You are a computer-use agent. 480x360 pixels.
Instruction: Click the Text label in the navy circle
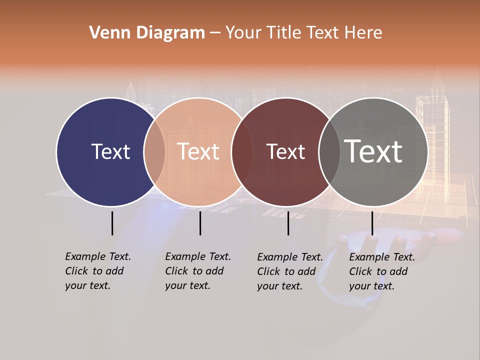110,151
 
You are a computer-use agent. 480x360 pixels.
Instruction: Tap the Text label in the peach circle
198,151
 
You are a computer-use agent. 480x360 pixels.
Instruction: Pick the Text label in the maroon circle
285,152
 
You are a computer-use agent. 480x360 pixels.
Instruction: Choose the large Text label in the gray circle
373,151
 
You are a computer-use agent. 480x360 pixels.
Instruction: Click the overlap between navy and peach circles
154,151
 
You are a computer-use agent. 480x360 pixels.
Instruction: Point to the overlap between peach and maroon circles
242,151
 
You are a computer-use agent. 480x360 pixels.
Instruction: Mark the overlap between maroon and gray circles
329,151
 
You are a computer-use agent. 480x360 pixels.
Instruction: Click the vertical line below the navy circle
112,223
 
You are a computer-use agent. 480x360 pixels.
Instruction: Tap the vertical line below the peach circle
200,223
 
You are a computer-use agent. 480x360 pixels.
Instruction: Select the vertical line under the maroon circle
288,223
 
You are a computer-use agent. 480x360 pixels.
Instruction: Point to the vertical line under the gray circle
372,223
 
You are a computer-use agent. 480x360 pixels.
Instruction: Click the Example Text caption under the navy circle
97,271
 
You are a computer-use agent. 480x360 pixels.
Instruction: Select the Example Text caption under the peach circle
197,271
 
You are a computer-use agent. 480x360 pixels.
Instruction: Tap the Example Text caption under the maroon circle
289,271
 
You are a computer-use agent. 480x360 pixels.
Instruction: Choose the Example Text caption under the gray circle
381,271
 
